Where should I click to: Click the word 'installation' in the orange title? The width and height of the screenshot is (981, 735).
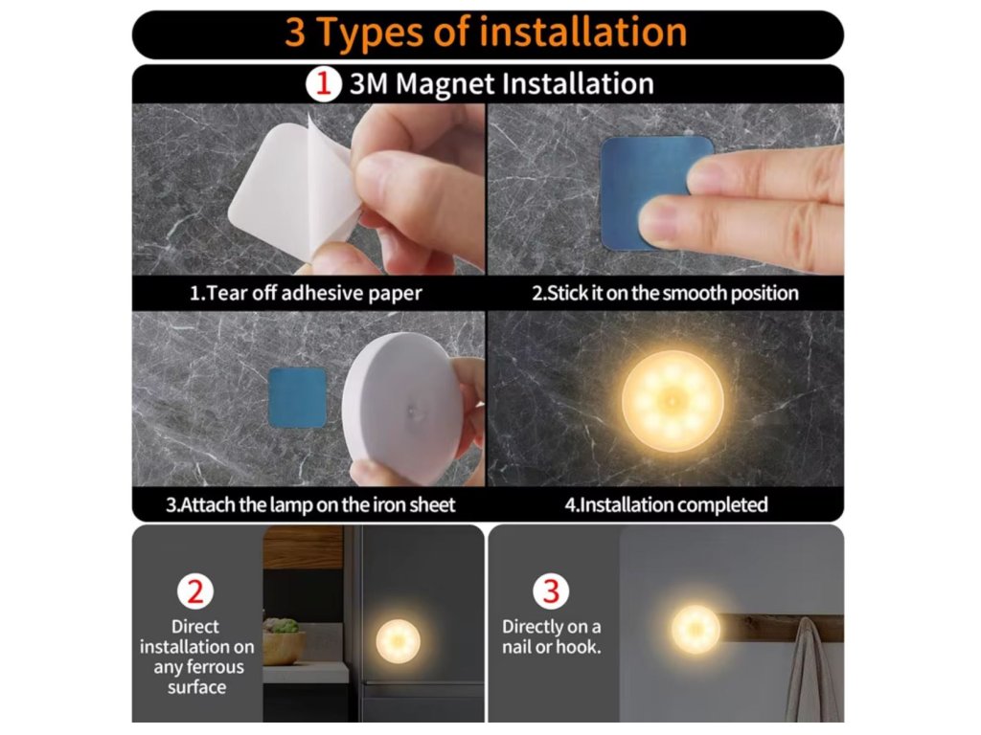pos(583,32)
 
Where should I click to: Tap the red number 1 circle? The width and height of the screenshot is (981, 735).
pos(324,84)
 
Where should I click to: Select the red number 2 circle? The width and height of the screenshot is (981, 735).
pos(195,591)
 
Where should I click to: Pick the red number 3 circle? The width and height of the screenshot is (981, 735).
pos(551,591)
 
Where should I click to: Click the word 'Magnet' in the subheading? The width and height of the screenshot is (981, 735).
pos(445,84)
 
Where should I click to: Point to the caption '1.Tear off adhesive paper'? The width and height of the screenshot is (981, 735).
pos(306,293)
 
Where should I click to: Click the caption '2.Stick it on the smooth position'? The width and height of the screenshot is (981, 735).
pos(665,293)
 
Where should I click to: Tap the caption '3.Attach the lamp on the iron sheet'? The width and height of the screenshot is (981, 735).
pos(310,504)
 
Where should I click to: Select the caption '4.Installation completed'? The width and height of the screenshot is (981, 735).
pos(667,504)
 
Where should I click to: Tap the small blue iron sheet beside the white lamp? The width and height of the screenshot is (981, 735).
pos(298,397)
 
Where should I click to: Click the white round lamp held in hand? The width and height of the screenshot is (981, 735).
pos(405,408)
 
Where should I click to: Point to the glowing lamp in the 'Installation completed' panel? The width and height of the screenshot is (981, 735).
pos(673,401)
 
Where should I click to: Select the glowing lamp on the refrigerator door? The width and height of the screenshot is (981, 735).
pos(398,640)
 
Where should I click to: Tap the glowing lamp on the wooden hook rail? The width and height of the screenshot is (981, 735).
pos(696,629)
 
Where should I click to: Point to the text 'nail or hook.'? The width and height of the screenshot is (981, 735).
pos(551,647)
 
